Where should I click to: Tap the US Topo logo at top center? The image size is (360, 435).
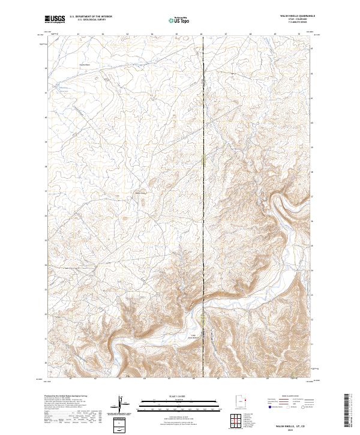pyautogui.click(x=178, y=20)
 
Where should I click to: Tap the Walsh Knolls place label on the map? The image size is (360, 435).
pyautogui.click(x=140, y=193)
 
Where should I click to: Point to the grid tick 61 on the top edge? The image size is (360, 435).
pyautogui.click(x=78, y=35)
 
